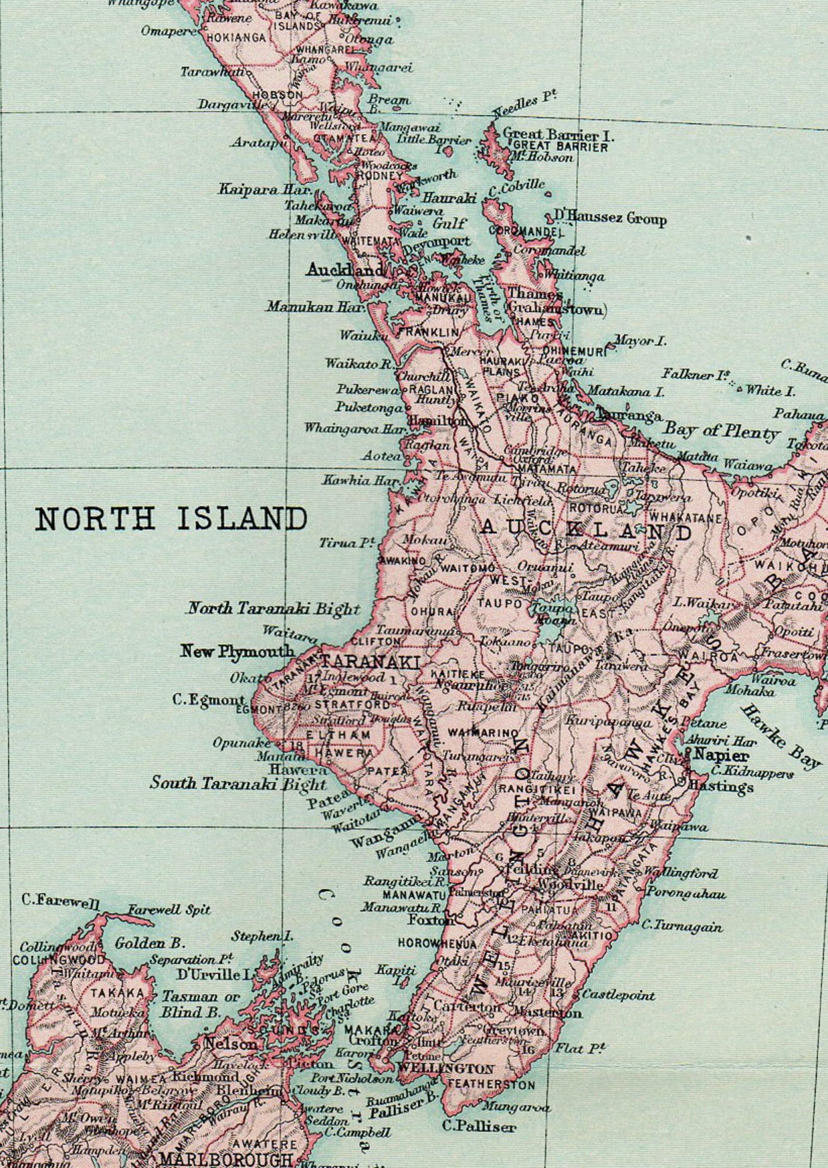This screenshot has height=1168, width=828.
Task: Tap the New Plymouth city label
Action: tap(237, 652)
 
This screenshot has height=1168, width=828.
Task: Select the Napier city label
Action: tap(722, 755)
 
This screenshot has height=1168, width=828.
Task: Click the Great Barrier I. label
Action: tap(558, 135)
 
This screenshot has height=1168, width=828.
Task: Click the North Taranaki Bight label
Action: tap(273, 608)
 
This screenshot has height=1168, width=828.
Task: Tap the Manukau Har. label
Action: tap(314, 307)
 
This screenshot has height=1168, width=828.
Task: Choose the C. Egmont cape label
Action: tap(209, 700)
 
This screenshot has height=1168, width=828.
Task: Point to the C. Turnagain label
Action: tap(681, 926)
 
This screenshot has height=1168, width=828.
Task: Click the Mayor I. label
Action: tap(640, 342)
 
